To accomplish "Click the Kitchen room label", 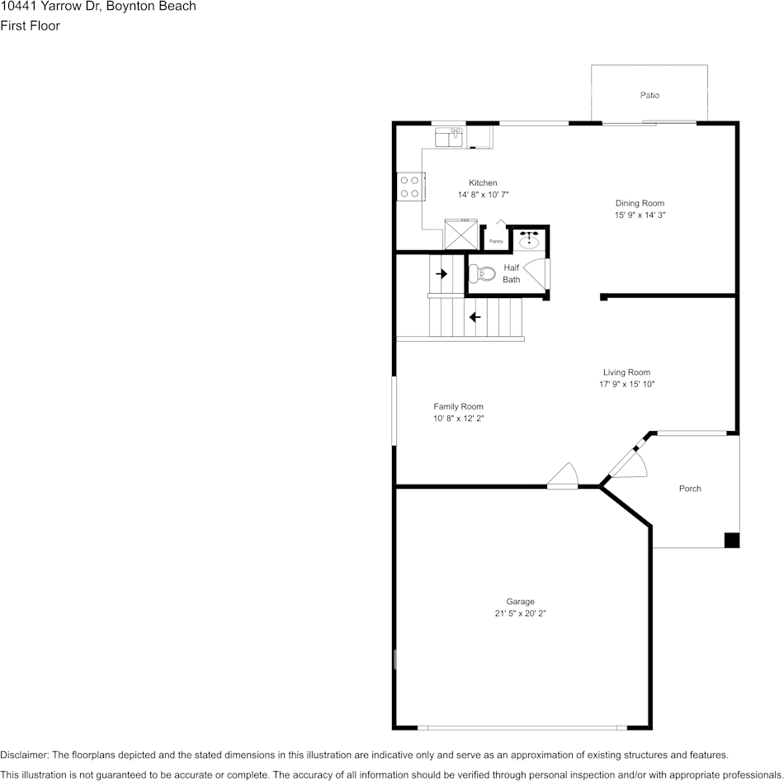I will [483, 182].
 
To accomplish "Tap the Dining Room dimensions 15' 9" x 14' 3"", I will [640, 215].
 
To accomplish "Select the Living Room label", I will [626, 372].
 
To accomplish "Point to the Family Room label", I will [458, 406].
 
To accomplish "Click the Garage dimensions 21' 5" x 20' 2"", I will [520, 613].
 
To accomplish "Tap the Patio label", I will [649, 95].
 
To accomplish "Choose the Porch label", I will [690, 489].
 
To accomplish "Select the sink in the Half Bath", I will [529, 240].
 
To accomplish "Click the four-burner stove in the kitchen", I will [409, 187].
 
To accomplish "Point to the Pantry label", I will [496, 241].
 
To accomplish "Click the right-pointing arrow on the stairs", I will [442, 273].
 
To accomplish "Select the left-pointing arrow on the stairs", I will [475, 317].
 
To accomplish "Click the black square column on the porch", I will [731, 540].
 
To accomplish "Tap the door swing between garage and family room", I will [564, 476].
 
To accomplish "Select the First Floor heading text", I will [30, 26].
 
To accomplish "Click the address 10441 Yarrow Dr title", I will [98, 7].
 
